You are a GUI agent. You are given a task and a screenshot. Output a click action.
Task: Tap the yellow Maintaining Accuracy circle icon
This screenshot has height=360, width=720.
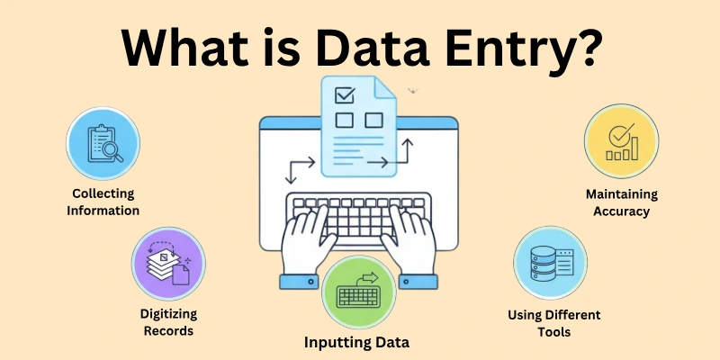622,142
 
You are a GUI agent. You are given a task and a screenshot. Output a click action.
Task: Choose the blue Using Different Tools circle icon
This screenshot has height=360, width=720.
550,262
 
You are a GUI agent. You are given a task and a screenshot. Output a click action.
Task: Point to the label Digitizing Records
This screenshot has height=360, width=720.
167,322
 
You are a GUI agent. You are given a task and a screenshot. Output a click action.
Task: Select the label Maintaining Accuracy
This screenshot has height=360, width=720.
622,202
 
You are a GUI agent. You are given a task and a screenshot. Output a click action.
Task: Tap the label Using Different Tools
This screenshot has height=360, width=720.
551,323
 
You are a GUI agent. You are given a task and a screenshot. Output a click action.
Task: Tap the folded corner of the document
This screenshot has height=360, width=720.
386,86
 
